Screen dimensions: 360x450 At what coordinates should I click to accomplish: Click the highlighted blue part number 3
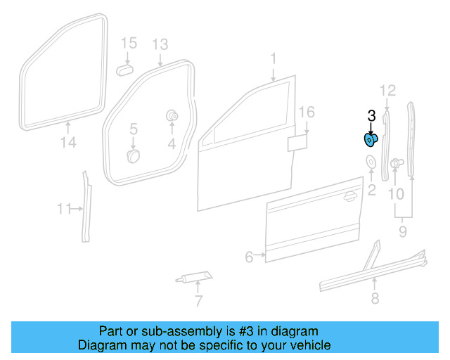(x=370, y=139)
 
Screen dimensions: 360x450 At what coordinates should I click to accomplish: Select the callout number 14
(x=67, y=143)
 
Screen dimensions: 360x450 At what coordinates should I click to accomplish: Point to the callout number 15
(x=128, y=44)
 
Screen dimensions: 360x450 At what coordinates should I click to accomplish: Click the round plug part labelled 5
(x=134, y=155)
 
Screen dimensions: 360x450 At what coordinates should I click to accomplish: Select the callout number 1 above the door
(x=274, y=60)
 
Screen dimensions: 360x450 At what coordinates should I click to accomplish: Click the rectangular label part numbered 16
(x=297, y=143)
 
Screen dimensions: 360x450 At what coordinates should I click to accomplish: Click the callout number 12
(x=388, y=89)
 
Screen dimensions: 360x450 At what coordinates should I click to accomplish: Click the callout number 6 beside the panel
(x=249, y=257)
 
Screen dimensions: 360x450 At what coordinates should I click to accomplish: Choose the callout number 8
(x=375, y=299)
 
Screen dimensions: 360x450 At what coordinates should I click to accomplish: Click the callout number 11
(x=65, y=209)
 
